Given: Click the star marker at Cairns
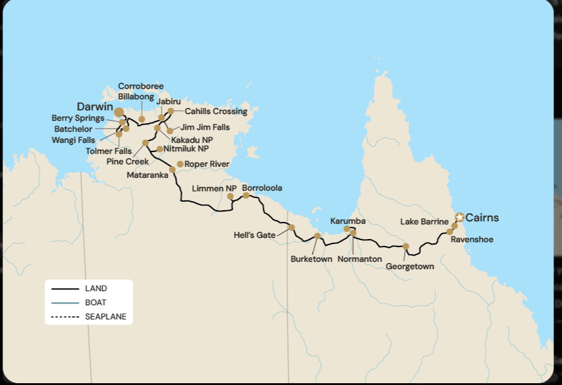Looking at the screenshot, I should coord(460,217).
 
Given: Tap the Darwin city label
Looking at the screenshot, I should coord(95,106).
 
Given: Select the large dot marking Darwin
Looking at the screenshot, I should coord(119,112).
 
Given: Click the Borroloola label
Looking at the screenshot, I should coord(262,188).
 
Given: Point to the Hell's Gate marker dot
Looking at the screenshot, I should coord(291,227).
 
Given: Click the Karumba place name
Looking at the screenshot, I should coord(348,220).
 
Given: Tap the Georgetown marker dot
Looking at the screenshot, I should coord(406,246).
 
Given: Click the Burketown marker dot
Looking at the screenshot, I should coord(317,236).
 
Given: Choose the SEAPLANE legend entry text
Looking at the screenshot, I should coord(105,317).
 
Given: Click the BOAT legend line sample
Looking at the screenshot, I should coord(66,303).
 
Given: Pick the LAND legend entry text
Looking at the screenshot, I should coord(96,288).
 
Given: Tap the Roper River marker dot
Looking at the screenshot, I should coord(180,164).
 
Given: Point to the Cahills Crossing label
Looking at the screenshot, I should coord(216,112).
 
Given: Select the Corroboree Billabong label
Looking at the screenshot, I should coord(141,91).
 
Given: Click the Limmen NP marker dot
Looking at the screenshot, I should coord(230,197).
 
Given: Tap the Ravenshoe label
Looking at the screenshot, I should coord(471,240).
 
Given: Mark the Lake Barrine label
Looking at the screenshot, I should coord(425,221).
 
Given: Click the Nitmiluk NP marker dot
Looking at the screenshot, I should coord(160,149).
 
